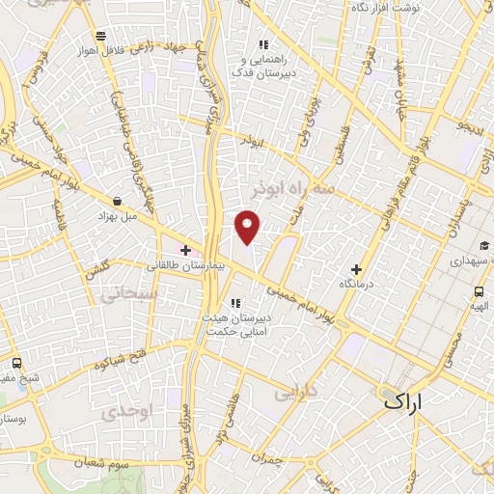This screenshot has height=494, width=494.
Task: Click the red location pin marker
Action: (x=249, y=227)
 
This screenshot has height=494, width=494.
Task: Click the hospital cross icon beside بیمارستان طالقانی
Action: (x=186, y=250)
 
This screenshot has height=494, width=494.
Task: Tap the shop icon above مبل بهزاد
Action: (x=118, y=201)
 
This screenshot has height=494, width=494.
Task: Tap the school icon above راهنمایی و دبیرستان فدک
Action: (x=262, y=43)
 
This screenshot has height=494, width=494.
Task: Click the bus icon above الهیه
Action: (x=479, y=291)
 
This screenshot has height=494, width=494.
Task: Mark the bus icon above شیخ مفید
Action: (x=17, y=363)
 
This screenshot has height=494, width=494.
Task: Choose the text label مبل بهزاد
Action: (x=117, y=216)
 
